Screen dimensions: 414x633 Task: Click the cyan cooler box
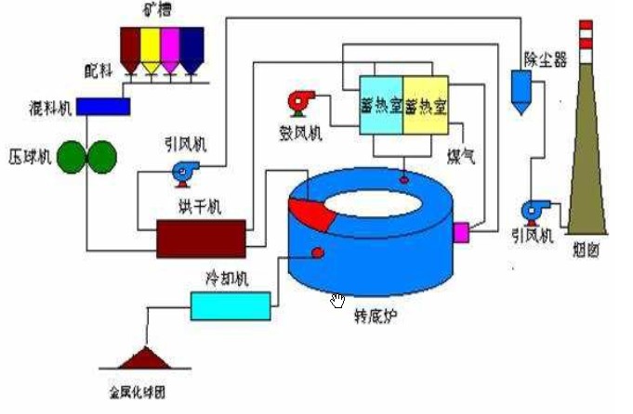(x=230, y=304)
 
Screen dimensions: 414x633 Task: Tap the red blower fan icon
(x=303, y=100)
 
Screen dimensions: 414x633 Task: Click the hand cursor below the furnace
(x=337, y=299)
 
